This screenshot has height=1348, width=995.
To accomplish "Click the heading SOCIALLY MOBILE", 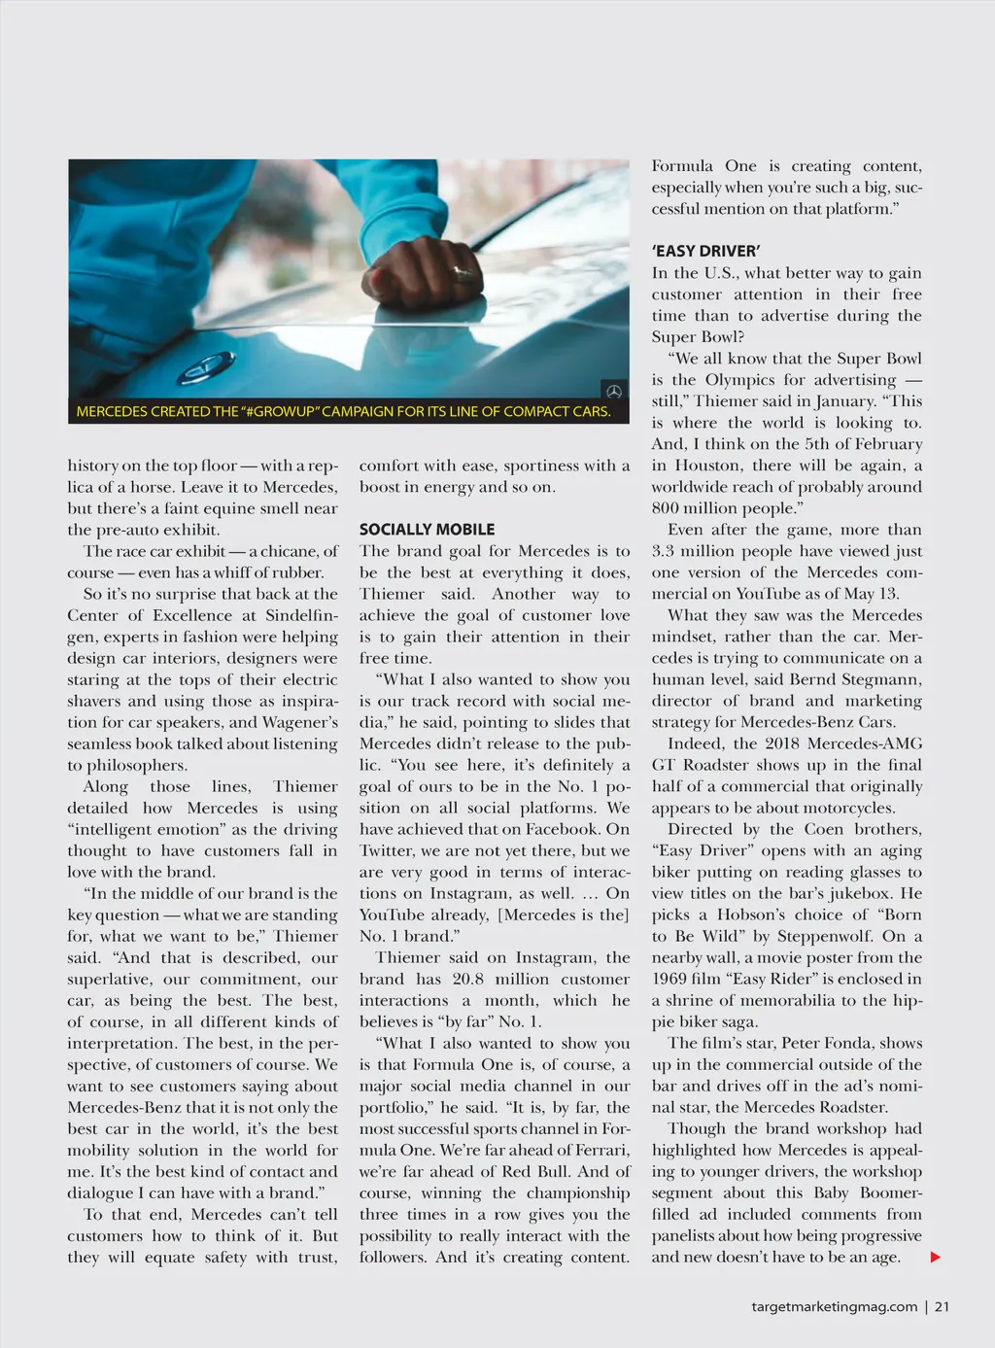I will (x=427, y=530).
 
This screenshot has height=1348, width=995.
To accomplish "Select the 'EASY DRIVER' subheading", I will (x=705, y=251).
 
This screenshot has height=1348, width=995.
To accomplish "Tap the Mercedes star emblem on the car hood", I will (x=206, y=366).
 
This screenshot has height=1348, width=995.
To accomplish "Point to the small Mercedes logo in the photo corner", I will (x=614, y=391).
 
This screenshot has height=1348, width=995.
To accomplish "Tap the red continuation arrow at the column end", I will (x=936, y=1258).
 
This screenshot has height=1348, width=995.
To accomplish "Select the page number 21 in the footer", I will (x=942, y=1307).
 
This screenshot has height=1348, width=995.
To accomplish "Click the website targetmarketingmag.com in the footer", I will (x=834, y=1307).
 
